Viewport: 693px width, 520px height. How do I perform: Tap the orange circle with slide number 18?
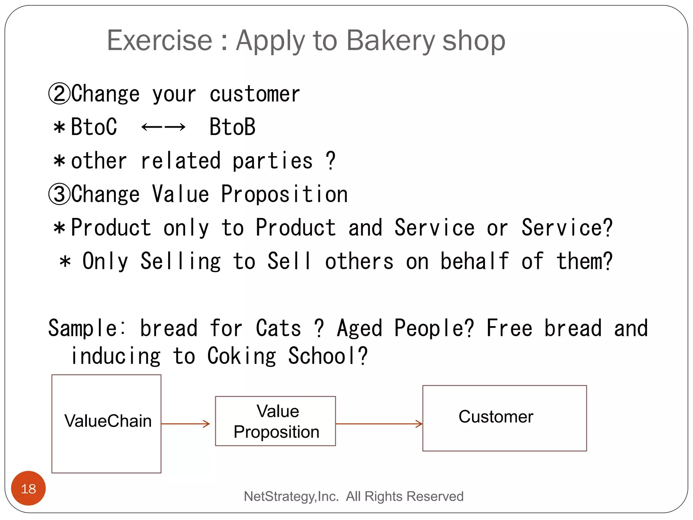(28, 488)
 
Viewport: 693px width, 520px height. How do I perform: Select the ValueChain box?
(107, 424)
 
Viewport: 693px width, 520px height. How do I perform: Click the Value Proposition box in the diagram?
(275, 421)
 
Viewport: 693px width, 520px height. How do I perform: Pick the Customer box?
(504, 418)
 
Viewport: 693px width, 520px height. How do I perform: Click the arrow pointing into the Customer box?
(379, 424)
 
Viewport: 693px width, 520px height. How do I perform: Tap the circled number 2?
(59, 94)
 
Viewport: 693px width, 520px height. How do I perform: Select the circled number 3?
(59, 194)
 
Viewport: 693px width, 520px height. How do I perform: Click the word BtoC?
(94, 127)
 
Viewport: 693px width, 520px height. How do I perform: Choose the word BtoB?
(232, 127)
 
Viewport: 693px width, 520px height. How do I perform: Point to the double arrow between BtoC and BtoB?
(163, 127)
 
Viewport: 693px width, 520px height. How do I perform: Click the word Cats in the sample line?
(278, 328)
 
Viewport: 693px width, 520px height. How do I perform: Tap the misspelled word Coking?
(242, 356)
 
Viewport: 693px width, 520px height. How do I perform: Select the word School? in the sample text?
(328, 356)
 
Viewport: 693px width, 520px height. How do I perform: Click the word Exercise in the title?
(159, 40)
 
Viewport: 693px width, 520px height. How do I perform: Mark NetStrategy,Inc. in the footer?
(291, 496)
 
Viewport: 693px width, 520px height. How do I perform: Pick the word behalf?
(474, 261)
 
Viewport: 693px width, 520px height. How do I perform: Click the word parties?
(272, 161)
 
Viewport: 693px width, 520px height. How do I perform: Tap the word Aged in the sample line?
(359, 328)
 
